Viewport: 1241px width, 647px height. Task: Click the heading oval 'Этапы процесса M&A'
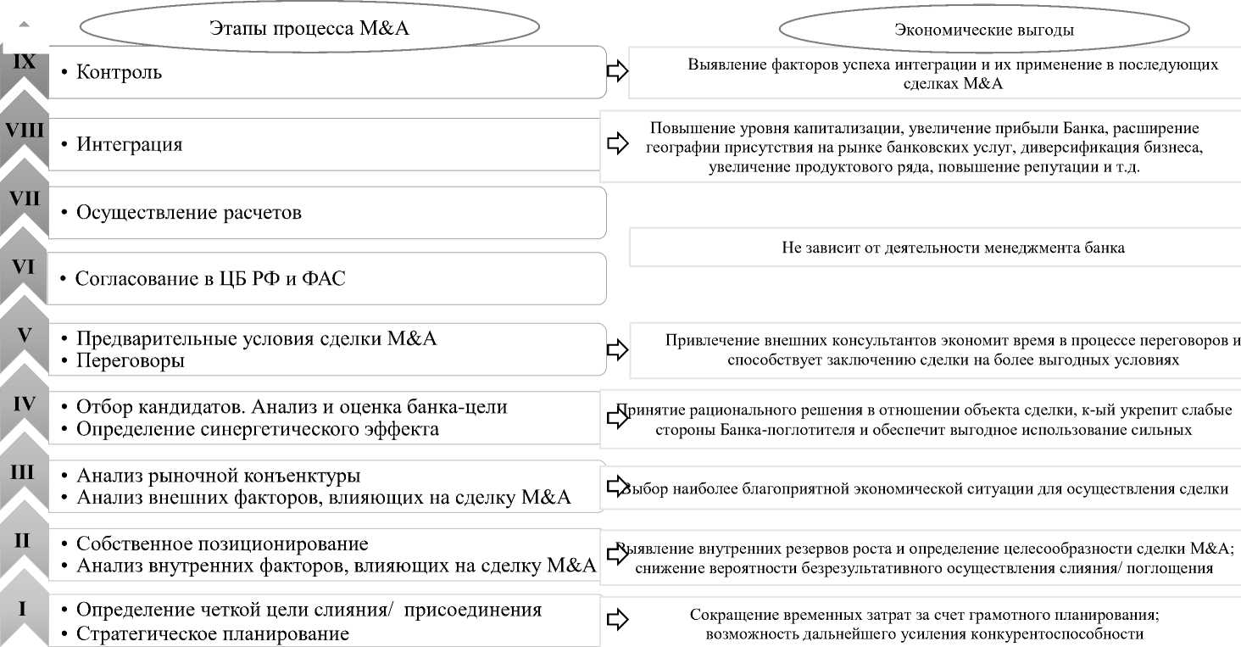pos(309,28)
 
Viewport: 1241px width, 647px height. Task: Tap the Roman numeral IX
pos(25,61)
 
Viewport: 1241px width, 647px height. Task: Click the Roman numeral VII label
pos(25,198)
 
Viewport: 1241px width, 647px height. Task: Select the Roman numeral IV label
pos(25,403)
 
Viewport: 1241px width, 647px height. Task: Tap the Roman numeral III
pos(22,471)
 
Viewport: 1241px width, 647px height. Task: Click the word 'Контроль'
pos(119,72)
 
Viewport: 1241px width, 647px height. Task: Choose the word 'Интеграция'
pos(129,144)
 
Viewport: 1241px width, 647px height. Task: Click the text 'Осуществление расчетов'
pos(188,213)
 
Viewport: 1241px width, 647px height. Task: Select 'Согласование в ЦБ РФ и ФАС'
pos(210,278)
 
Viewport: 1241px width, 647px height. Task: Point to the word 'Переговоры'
pos(131,360)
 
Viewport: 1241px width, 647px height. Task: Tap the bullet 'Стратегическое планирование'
pos(213,633)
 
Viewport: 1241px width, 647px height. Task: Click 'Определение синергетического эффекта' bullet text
pos(258,429)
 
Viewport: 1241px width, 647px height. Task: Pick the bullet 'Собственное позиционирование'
pos(222,544)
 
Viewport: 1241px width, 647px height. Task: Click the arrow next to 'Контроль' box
pos(618,71)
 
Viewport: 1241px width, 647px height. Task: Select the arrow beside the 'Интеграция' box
pos(618,144)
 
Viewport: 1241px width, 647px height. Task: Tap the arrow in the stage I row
pos(618,621)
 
